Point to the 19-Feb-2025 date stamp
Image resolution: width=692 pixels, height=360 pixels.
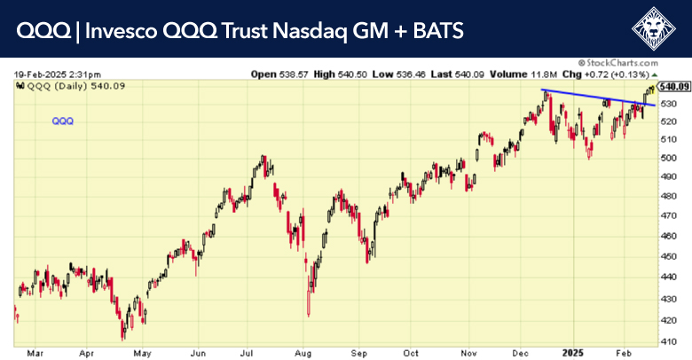[x=57, y=74]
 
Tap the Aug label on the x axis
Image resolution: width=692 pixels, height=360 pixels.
[x=304, y=352]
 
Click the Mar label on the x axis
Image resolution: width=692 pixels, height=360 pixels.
[x=34, y=352]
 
